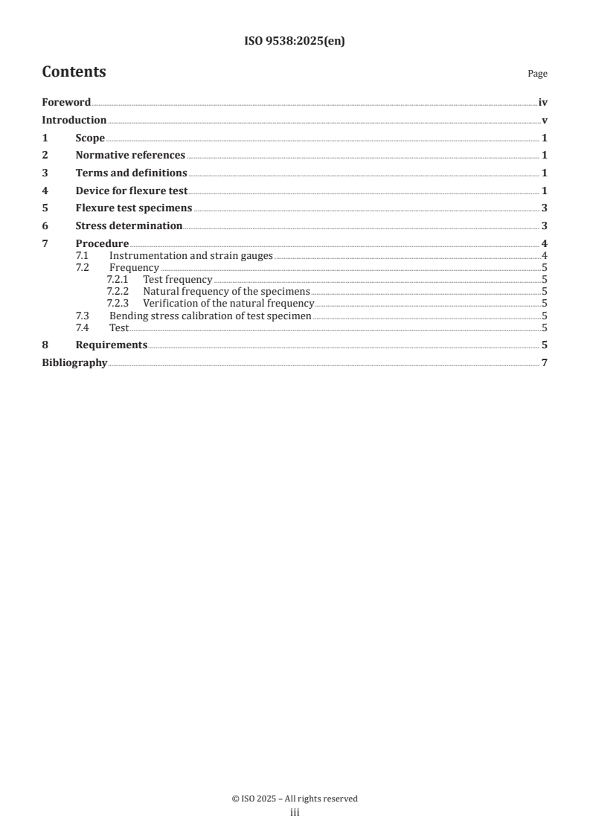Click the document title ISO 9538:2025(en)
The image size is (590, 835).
pyautogui.click(x=295, y=42)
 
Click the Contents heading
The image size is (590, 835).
pyautogui.click(x=74, y=72)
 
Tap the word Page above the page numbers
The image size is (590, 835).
pyautogui.click(x=537, y=74)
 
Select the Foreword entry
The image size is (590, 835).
pyautogui.click(x=66, y=103)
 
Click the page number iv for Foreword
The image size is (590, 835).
pyautogui.click(x=543, y=103)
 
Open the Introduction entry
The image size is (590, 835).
pyautogui.click(x=74, y=121)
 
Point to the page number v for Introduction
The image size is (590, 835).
pyautogui.click(x=545, y=121)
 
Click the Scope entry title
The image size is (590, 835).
pyautogui.click(x=90, y=138)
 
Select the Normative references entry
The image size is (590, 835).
pyautogui.click(x=130, y=156)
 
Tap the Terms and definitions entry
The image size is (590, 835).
pyautogui.click(x=131, y=173)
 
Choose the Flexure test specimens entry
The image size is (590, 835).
pyautogui.click(x=134, y=208)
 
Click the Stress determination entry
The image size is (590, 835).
pyautogui.click(x=129, y=225)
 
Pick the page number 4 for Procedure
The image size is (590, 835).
pyautogui.click(x=545, y=244)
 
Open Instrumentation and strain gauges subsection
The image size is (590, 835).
pyautogui.click(x=191, y=256)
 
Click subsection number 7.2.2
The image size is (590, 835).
pyautogui.click(x=118, y=292)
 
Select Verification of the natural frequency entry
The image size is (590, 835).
pyautogui.click(x=228, y=304)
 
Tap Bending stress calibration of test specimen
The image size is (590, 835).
pyautogui.click(x=210, y=316)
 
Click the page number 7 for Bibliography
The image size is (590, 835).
pyautogui.click(x=545, y=363)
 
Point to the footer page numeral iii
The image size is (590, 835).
pyautogui.click(x=295, y=813)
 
